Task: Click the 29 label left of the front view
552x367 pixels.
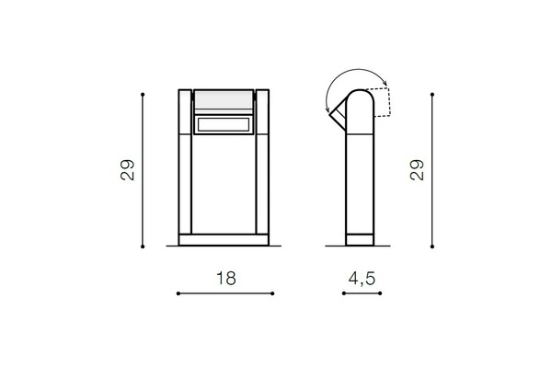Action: click(128, 170)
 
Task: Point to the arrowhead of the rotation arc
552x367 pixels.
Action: click(328, 109)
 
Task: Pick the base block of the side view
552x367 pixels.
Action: click(359, 240)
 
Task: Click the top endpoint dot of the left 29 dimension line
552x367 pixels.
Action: click(144, 93)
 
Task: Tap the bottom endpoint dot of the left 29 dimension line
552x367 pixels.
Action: click(144, 246)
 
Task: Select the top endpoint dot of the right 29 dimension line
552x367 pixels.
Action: click(433, 93)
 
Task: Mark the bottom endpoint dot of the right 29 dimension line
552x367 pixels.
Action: click(433, 246)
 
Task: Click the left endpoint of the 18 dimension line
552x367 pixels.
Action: click(178, 294)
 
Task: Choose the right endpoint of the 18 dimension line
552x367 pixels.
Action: click(272, 294)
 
